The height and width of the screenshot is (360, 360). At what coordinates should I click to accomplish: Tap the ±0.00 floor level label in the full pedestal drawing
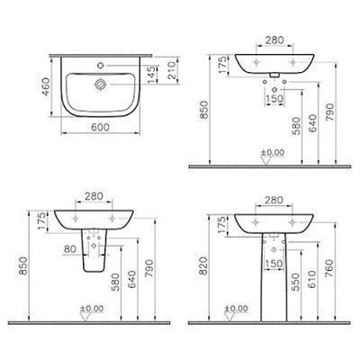coord(237,310)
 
